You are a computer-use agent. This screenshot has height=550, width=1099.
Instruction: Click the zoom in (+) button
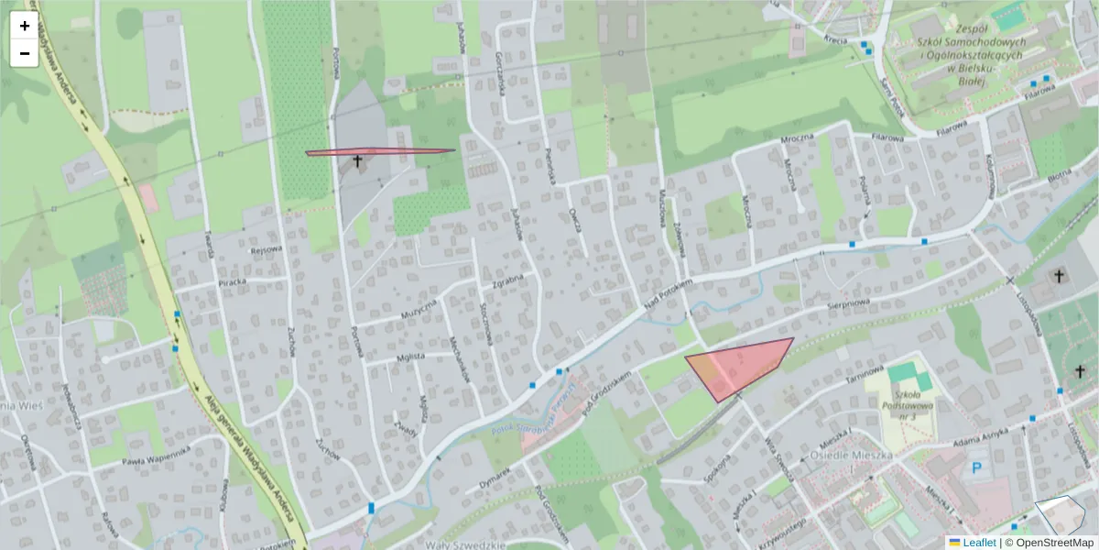pos(25,26)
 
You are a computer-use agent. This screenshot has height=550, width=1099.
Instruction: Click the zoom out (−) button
pos(25,53)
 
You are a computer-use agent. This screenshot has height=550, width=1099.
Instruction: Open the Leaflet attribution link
pos(979,543)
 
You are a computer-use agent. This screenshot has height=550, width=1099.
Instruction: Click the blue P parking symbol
pos(975,468)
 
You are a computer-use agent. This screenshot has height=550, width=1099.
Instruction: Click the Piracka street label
pos(234,282)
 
